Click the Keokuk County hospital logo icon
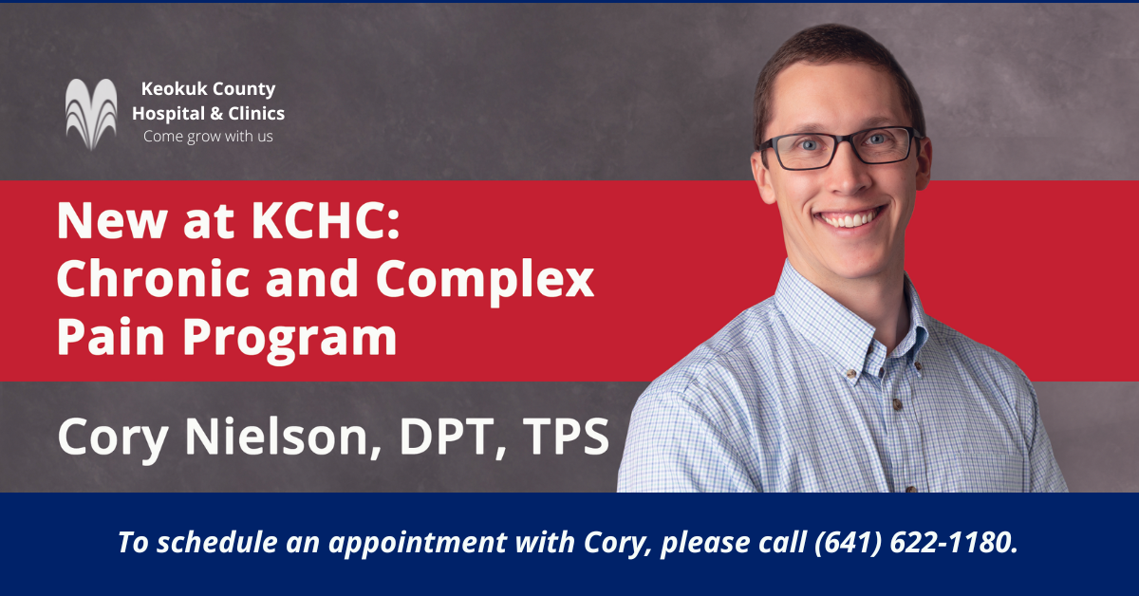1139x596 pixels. (92, 115)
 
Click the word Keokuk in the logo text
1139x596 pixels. (172, 90)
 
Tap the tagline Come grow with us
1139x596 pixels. (208, 137)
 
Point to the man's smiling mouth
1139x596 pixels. (850, 217)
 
